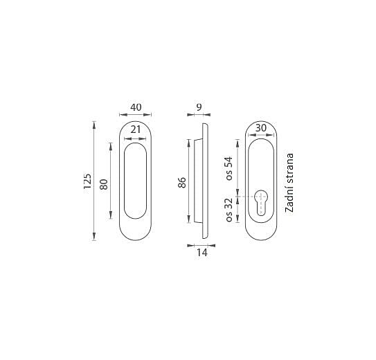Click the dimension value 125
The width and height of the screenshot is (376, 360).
tap(87, 181)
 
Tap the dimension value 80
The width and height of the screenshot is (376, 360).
tap(104, 184)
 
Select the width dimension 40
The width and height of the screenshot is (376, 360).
tap(136, 107)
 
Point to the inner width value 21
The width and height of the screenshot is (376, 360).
tap(136, 129)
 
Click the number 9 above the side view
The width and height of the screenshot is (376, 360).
tap(199, 107)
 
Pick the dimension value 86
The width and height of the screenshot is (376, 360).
tap(182, 182)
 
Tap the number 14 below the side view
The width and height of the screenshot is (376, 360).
tap(202, 253)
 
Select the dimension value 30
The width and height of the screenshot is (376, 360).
tap(261, 128)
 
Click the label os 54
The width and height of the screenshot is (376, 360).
tap(229, 168)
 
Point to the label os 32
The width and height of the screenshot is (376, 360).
tap(229, 210)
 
